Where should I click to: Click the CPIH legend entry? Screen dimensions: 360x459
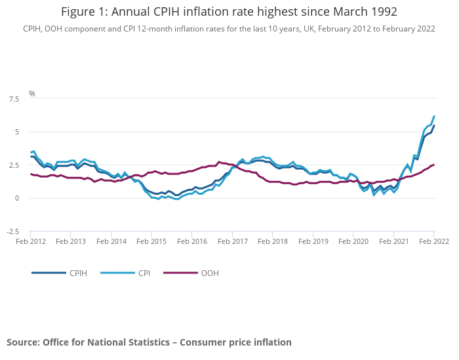[78, 273]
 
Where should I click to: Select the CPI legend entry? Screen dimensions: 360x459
[144, 273]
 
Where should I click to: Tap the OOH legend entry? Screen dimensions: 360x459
[210, 273]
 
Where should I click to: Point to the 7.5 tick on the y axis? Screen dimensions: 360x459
[14, 99]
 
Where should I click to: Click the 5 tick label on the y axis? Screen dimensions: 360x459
[17, 132]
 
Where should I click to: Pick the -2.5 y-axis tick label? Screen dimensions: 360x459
[13, 231]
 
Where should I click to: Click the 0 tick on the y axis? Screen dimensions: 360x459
[17, 198]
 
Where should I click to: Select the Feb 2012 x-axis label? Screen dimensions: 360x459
[30, 242]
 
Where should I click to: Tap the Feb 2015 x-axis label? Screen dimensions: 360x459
[151, 242]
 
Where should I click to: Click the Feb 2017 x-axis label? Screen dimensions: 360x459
[231, 242]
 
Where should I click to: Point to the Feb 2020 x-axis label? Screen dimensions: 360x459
[353, 242]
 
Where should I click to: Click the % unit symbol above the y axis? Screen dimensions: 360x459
[31, 94]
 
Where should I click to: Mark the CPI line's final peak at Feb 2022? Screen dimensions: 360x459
[434, 116]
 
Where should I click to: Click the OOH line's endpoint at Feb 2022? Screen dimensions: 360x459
[434, 165]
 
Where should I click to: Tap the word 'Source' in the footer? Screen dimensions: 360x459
[22, 342]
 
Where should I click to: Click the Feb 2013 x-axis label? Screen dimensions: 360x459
[70, 242]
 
